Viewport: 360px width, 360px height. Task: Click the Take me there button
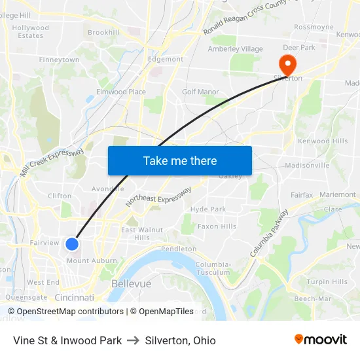180,160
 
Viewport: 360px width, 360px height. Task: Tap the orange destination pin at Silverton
287,65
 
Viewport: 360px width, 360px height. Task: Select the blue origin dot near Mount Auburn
72,244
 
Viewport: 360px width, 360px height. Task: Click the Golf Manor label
200,92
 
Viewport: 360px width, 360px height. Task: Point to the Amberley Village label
235,49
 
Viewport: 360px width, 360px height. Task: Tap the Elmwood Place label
121,92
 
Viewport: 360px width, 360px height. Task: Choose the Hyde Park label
207,209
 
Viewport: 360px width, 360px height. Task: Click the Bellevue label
131,284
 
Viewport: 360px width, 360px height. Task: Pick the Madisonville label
307,166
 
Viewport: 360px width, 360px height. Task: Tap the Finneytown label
59,60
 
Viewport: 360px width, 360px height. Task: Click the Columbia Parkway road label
268,233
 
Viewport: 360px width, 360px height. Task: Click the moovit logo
321,340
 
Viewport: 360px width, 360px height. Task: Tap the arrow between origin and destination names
133,340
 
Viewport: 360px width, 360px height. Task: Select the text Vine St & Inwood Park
67,340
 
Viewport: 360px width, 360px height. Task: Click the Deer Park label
299,48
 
